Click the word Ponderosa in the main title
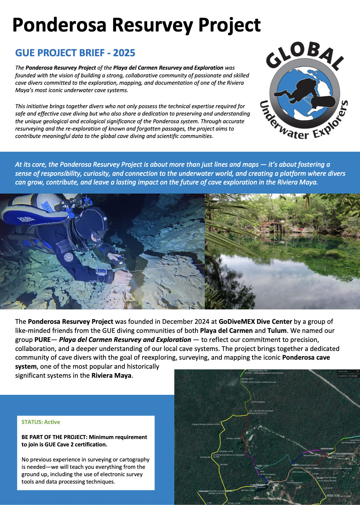(x=59, y=25)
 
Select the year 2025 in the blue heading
(x=124, y=53)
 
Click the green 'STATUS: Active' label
(x=41, y=422)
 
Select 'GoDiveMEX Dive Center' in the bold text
(x=255, y=321)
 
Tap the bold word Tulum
(x=277, y=331)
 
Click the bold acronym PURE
(x=42, y=340)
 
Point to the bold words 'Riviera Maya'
(x=111, y=375)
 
